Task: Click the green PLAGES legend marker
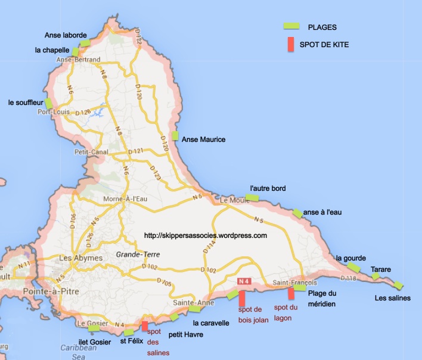[x=291, y=26]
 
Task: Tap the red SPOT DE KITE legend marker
[x=291, y=45]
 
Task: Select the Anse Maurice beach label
[x=203, y=139]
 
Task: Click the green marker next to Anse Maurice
[x=175, y=136]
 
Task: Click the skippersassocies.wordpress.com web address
[x=205, y=235]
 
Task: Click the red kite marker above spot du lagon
[x=291, y=293]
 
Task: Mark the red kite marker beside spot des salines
[x=145, y=326]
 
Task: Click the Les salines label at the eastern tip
[x=392, y=298]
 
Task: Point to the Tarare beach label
[x=381, y=270]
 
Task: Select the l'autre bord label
[x=268, y=188]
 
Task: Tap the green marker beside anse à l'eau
[x=297, y=213]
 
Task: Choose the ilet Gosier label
[x=95, y=342]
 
